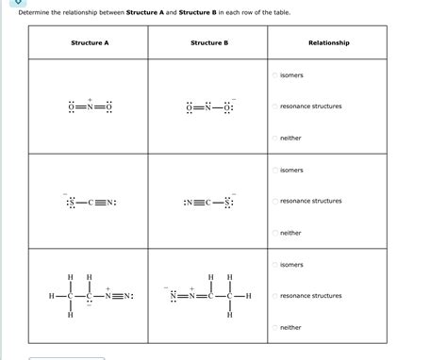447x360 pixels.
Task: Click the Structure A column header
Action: (88, 43)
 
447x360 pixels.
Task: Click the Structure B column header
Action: (208, 43)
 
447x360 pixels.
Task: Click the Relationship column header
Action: (328, 43)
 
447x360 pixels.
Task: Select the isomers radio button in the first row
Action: (275, 75)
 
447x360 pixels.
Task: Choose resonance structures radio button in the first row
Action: (275, 106)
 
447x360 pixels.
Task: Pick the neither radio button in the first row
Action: (275, 139)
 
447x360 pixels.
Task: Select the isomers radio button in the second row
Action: (275, 171)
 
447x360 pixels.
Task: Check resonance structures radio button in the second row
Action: (275, 202)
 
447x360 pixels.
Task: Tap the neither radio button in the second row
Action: (275, 233)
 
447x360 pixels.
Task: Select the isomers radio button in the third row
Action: (275, 265)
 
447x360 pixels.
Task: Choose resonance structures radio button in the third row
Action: (275, 296)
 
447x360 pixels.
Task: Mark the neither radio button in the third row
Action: (275, 328)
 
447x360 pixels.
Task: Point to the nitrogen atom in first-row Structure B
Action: (209, 106)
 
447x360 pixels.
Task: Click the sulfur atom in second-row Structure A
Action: (69, 202)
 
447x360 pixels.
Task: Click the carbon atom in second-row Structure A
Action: (93, 202)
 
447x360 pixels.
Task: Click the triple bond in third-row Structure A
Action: (119, 297)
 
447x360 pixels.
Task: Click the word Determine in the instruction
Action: (35, 12)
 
